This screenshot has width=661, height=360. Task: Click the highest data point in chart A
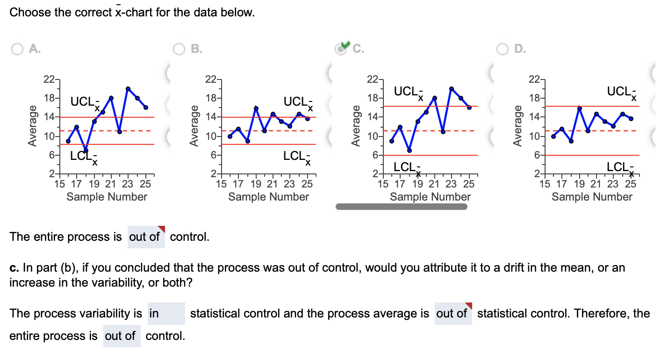pos(128,89)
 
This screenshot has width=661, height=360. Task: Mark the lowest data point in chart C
pos(409,151)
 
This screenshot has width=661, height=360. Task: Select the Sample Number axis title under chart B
pos(268,197)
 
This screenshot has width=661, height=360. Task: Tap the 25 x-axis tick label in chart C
pos(469,184)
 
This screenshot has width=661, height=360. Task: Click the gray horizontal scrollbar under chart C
pos(401,207)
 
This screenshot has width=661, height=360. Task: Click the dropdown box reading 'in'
pos(166,314)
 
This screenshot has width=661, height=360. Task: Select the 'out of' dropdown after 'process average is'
pos(453,314)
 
